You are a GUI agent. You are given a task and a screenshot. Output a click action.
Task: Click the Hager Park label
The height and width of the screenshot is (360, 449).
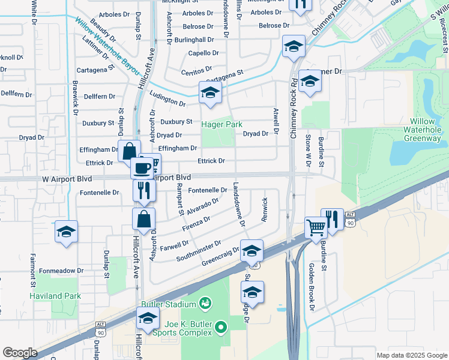click(221, 124)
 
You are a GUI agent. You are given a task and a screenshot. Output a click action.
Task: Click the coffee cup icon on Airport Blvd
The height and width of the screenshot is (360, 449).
click(142, 168)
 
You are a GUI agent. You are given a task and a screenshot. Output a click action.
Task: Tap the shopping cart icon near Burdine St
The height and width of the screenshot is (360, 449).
click(315, 227)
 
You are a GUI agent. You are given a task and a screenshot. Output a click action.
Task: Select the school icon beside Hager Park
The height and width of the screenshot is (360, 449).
click(210, 92)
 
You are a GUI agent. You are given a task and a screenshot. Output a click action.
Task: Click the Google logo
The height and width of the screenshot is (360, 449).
click(20, 353)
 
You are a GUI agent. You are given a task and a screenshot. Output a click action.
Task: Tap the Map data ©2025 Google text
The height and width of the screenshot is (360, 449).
click(411, 355)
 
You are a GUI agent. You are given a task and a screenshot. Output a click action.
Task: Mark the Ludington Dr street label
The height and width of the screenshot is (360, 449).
click(167, 100)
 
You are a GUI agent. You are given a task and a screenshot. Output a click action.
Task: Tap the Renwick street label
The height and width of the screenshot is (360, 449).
click(264, 210)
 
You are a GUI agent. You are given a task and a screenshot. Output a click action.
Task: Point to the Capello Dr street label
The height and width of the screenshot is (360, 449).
click(201, 53)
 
